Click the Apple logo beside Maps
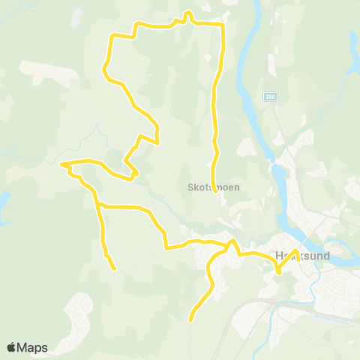(12, 347)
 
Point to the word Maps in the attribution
(33, 347)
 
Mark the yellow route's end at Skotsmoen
(216, 192)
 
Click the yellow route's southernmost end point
(190, 320)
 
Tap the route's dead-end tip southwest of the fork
(114, 268)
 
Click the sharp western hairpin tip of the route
(61, 163)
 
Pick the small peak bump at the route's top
(187, 13)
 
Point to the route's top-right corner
(223, 25)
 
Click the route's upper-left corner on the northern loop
(112, 36)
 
